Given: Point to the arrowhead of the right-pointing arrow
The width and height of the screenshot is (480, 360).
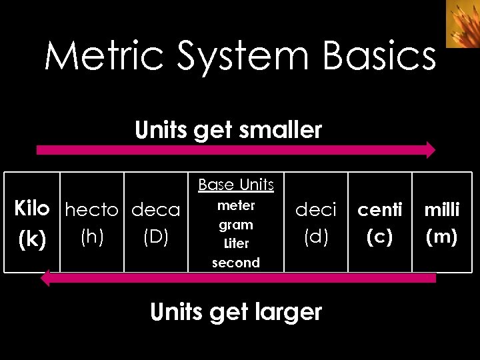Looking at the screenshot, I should [430, 150].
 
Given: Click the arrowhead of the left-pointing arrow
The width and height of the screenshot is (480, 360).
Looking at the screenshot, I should [45, 277].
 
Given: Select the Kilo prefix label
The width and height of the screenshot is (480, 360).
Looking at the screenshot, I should [32, 209].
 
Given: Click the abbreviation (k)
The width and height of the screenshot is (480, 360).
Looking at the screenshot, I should [32, 240].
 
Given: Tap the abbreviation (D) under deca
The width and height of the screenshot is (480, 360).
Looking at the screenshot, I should [155, 237].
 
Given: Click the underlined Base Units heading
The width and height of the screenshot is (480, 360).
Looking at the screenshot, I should [236, 185].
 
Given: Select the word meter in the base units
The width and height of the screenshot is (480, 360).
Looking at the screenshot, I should [236, 206].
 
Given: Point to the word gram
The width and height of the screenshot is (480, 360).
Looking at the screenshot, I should [236, 225].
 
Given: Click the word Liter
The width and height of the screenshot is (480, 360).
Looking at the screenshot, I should [236, 243].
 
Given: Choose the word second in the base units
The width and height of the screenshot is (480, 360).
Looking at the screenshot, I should [236, 263].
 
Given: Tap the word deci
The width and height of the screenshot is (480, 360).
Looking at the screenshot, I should [316, 211].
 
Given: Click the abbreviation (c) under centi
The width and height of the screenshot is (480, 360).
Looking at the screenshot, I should [380, 237].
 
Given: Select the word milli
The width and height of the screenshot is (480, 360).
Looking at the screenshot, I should [442, 210].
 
